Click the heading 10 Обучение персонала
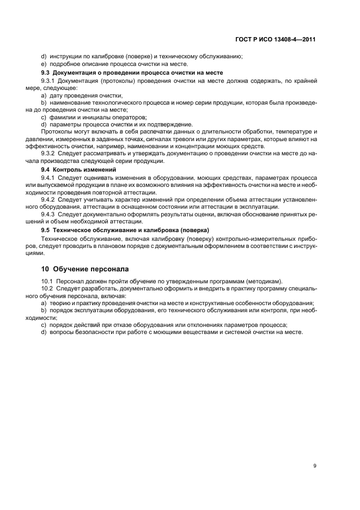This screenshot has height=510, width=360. [x=87, y=269]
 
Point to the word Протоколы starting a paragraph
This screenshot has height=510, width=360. [x=58, y=132]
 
